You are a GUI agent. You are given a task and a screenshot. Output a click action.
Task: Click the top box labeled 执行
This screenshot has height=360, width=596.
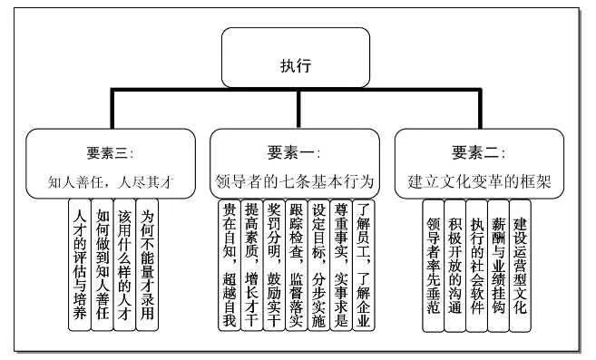pos(296,64)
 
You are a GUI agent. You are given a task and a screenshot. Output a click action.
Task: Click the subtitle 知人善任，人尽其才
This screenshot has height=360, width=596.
pos(110,180)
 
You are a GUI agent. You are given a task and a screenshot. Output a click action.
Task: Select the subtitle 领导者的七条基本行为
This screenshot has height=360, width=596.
pos(294,180)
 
